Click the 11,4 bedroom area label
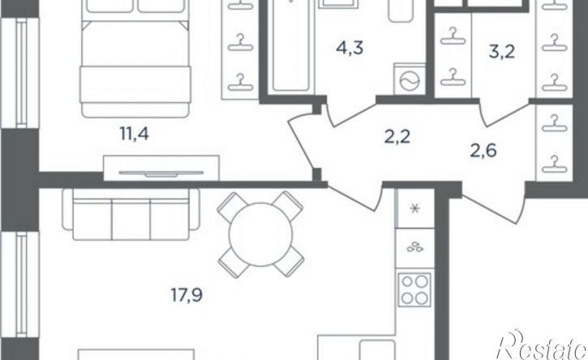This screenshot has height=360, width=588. pyautogui.click(x=135, y=134)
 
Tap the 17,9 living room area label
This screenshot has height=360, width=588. pyautogui.click(x=187, y=295)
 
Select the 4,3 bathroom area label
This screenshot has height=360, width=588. pyautogui.click(x=350, y=49)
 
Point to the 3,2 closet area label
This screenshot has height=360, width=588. pyautogui.click(x=502, y=52)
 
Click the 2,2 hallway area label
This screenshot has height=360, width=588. pyautogui.click(x=397, y=136)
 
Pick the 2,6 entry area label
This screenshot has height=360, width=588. pyautogui.click(x=483, y=151)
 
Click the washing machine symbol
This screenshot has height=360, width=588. pyautogui.click(x=410, y=79)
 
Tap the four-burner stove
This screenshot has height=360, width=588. pyautogui.click(x=414, y=289)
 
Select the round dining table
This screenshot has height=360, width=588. pyautogui.click(x=260, y=234)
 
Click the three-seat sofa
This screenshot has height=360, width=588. pyautogui.click(x=131, y=214)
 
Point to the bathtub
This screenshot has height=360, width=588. pyautogui.click(x=291, y=45)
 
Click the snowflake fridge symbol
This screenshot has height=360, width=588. pyautogui.click(x=415, y=208)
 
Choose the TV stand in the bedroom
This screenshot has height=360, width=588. pyautogui.click(x=161, y=168)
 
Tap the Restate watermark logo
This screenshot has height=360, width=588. pyautogui.click(x=542, y=345)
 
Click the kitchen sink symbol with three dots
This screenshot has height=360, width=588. pyautogui.click(x=415, y=247)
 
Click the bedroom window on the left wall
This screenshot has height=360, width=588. pyautogui.click(x=20, y=73)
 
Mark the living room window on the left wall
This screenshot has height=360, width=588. pyautogui.click(x=20, y=285)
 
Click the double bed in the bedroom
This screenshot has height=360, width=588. pyautogui.click(x=135, y=58)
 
